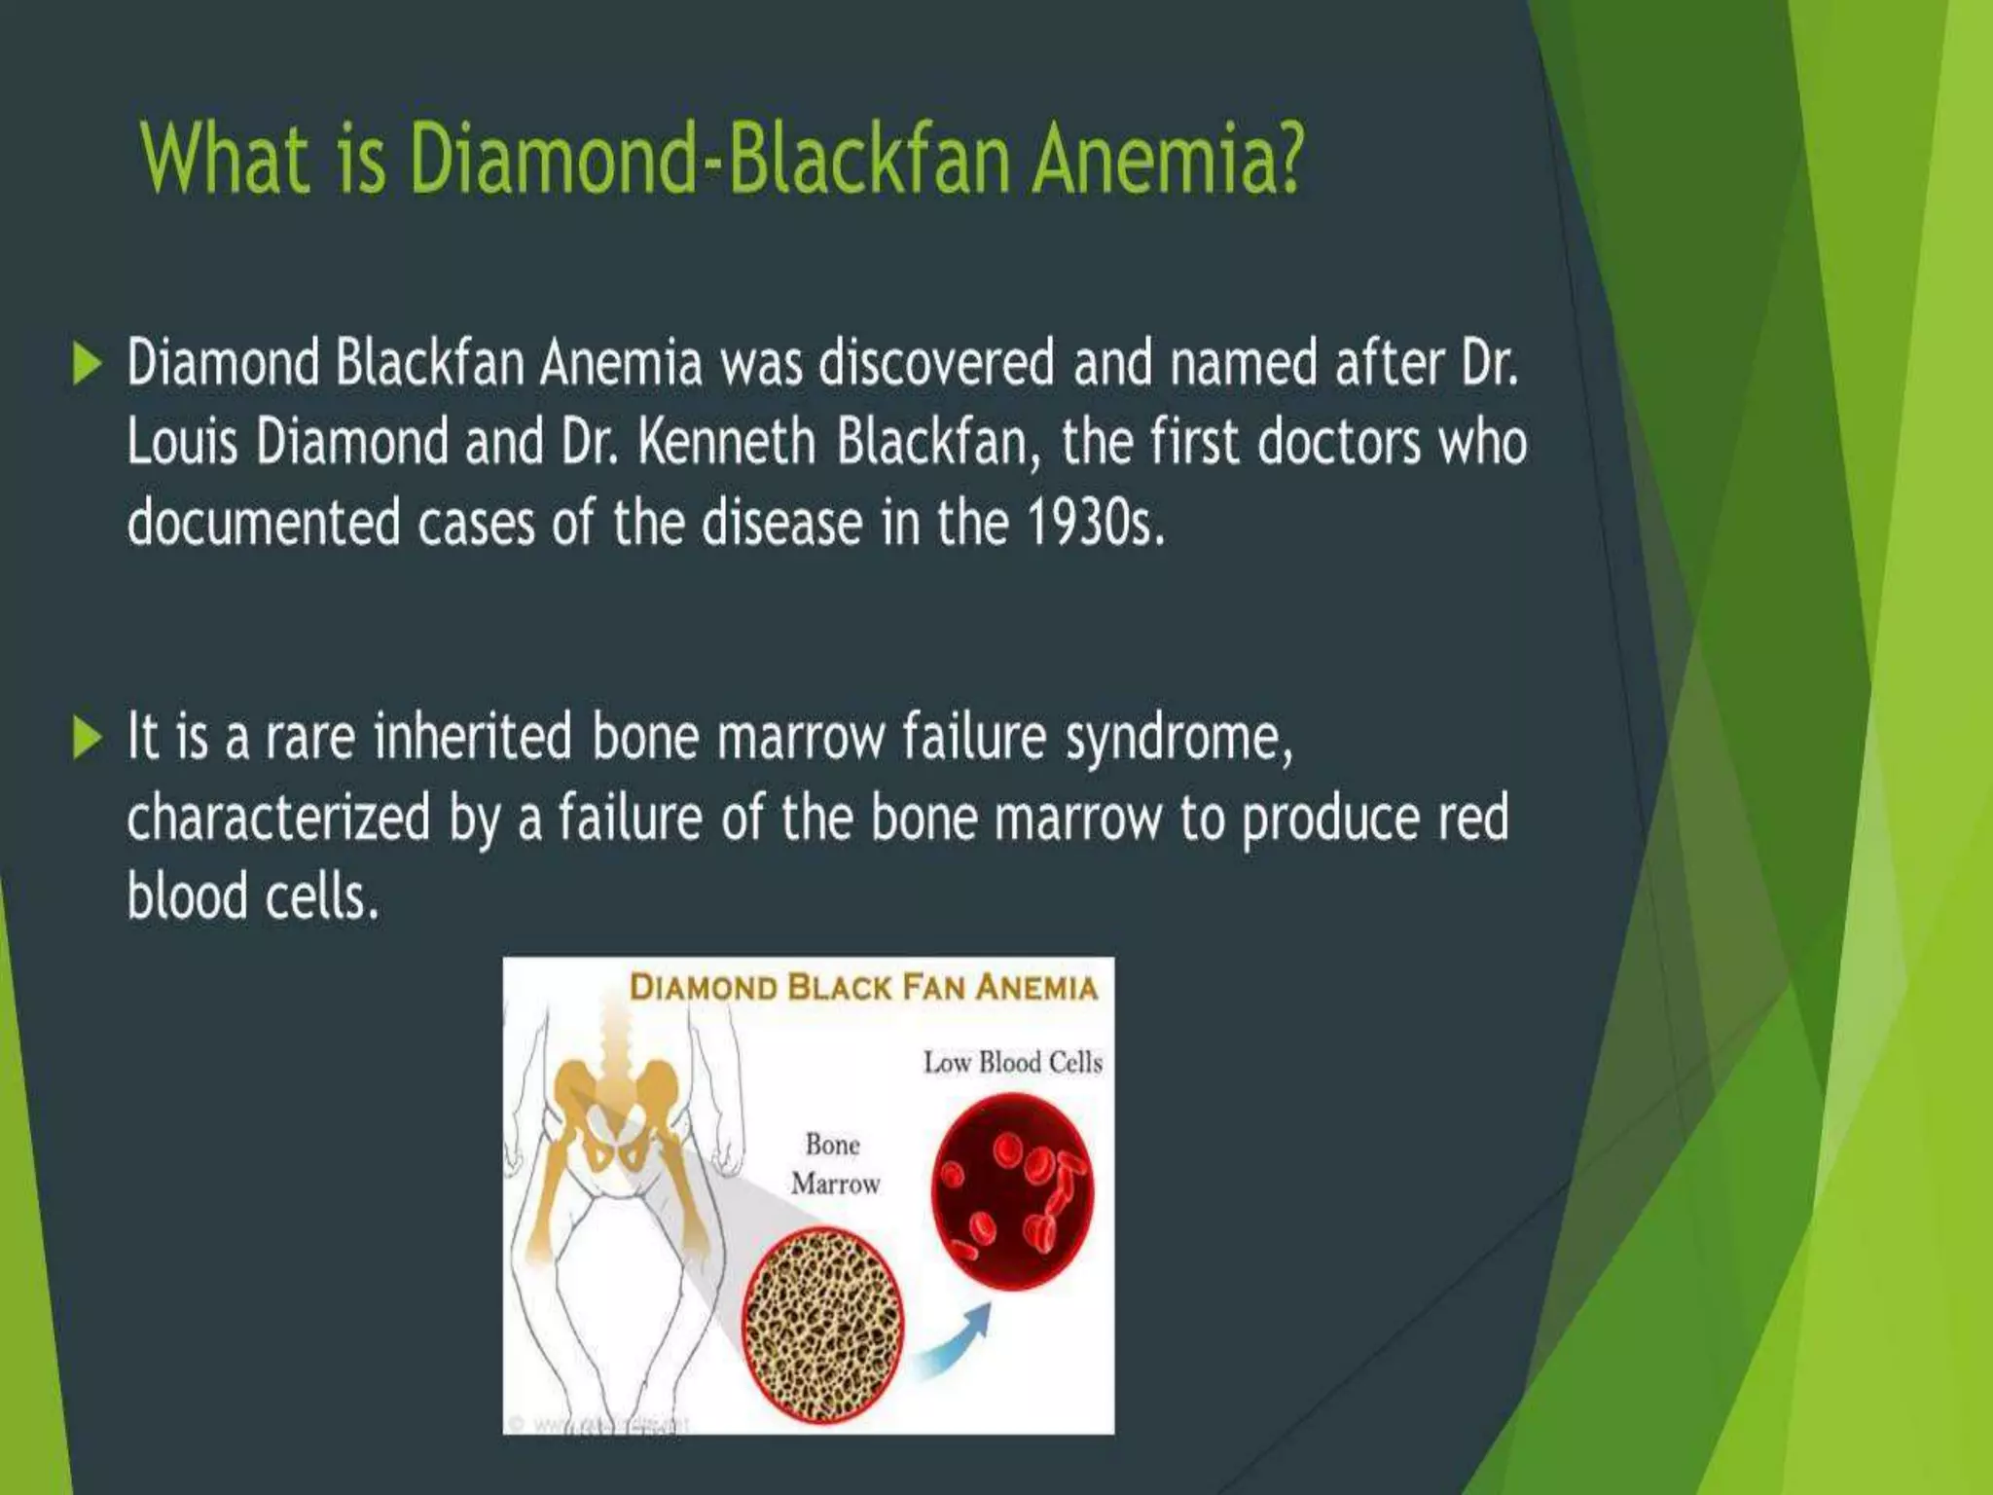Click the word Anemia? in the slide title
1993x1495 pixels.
[x=1166, y=159]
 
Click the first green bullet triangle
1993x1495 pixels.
[x=87, y=364]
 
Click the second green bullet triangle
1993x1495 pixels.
[x=87, y=737]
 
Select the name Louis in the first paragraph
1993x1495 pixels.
[x=182, y=443]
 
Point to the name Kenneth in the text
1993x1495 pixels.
[x=726, y=443]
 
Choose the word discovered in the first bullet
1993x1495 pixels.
[x=936, y=364]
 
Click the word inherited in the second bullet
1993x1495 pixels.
[x=473, y=737]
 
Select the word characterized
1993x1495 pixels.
[x=278, y=818]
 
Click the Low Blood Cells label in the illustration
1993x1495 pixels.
[x=1012, y=1062]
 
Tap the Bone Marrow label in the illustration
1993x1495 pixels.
[x=835, y=1164]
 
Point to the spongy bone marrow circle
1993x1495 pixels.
[x=822, y=1324]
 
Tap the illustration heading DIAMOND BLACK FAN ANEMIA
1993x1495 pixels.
[x=863, y=987]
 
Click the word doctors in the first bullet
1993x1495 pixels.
[x=1339, y=443]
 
